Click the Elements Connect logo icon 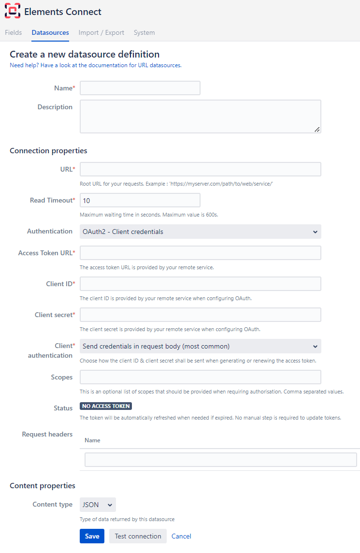(x=13, y=11)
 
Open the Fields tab (x=14, y=33)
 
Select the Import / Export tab (x=101, y=33)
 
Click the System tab (x=144, y=33)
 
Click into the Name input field (x=140, y=88)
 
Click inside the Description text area (x=200, y=116)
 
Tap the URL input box (x=200, y=169)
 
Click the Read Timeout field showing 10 (x=140, y=200)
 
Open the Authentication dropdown (x=200, y=232)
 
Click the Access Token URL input (x=200, y=253)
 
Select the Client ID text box (x=200, y=284)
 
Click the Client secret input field (x=200, y=315)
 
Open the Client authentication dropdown (x=200, y=346)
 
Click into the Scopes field (x=200, y=377)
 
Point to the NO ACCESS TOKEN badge (x=106, y=406)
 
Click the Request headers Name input (x=220, y=460)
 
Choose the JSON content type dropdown (x=98, y=505)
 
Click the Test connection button (x=138, y=536)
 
